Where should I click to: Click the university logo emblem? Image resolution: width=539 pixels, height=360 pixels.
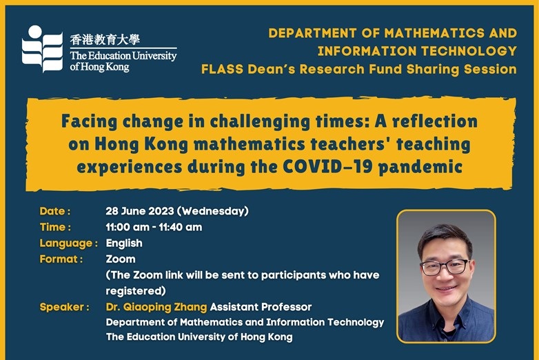[42, 49]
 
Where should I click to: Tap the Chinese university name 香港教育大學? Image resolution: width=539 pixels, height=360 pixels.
[105, 39]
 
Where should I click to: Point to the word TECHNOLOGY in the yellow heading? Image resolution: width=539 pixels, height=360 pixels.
[469, 51]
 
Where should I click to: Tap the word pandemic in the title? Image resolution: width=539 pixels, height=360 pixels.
[420, 168]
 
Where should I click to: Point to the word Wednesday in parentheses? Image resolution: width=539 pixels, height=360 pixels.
[213, 211]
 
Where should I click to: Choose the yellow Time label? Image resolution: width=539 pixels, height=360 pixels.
[55, 227]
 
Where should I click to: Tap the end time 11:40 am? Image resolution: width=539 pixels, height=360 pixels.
[181, 227]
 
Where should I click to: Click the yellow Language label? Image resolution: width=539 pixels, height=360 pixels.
[69, 243]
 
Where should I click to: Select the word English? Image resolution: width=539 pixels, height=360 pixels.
[124, 243]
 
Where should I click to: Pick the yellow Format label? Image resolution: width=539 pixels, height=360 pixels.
[61, 259]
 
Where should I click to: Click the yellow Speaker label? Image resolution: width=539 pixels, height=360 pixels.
[65, 307]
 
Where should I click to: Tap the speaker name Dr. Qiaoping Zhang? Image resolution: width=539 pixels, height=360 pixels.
[156, 307]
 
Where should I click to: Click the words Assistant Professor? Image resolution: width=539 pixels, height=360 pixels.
[261, 307]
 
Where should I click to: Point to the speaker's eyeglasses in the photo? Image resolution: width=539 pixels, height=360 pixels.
[444, 267]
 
